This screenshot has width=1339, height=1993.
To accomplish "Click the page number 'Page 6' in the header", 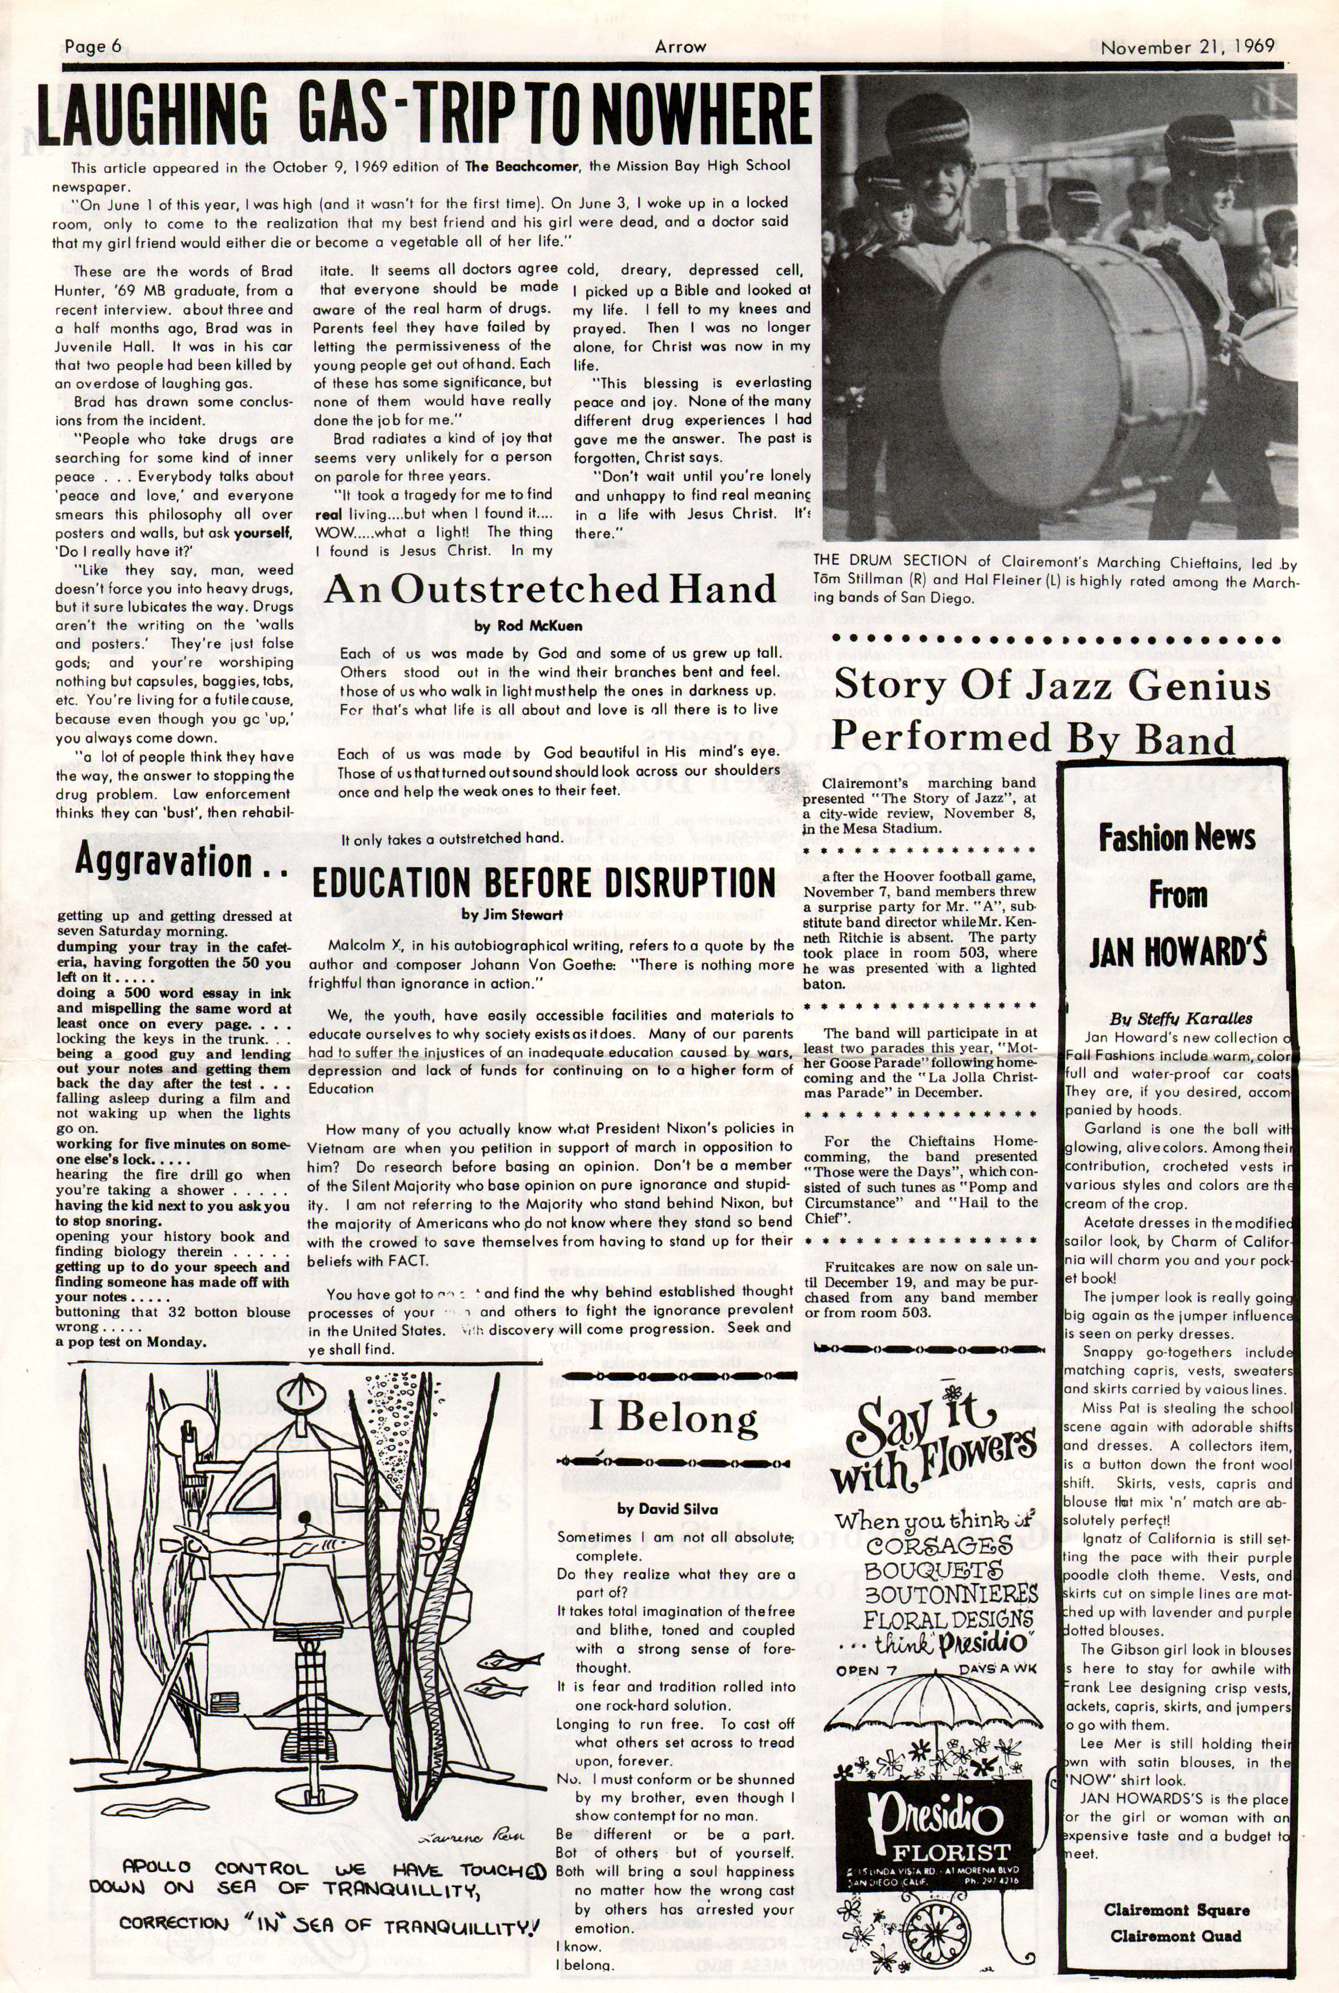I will (93, 47).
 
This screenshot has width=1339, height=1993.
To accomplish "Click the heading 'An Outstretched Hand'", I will (550, 590).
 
